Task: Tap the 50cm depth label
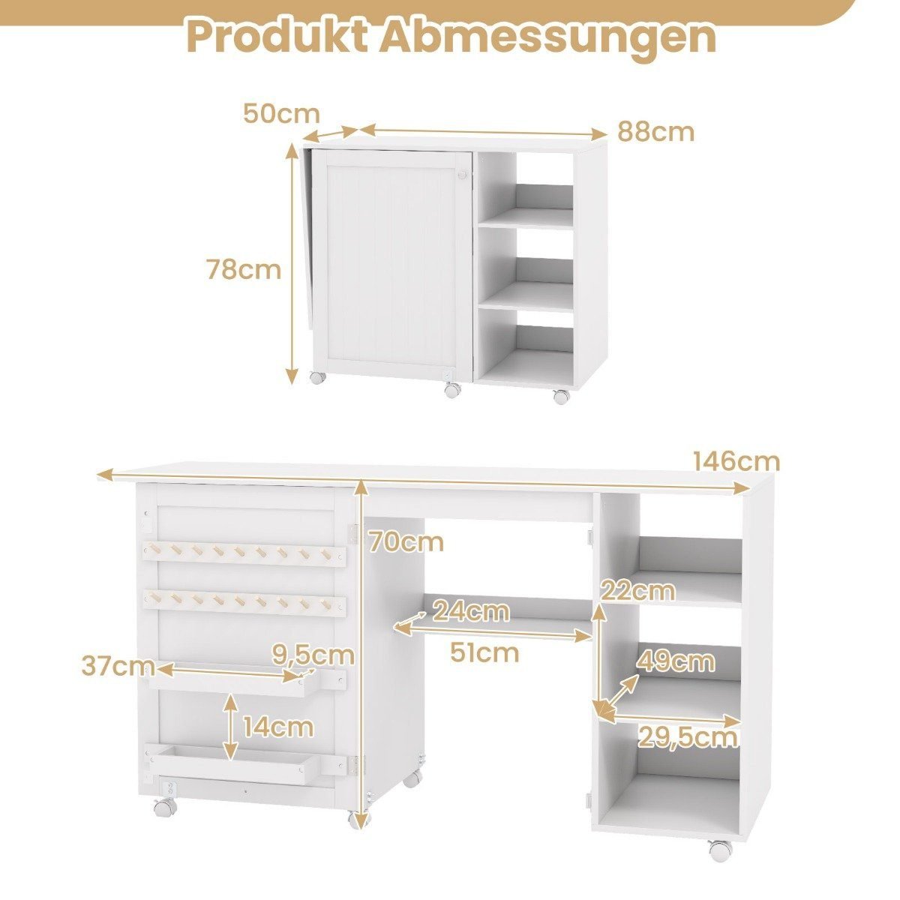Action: click(282, 113)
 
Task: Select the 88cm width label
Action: click(655, 132)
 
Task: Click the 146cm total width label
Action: click(736, 461)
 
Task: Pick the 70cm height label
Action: click(406, 542)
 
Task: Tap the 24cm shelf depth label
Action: click(471, 612)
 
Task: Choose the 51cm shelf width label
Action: click(484, 652)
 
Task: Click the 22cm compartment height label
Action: click(638, 591)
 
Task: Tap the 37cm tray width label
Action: click(118, 666)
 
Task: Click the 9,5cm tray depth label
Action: click(313, 655)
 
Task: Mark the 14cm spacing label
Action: click(277, 727)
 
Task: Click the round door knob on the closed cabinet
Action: click(463, 175)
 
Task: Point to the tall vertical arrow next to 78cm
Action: click(292, 264)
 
